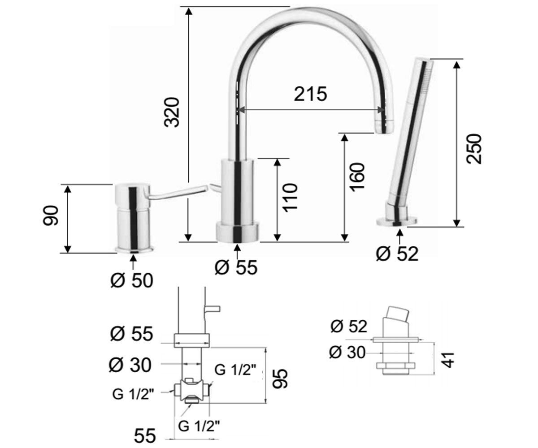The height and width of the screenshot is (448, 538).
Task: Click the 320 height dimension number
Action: [172, 112]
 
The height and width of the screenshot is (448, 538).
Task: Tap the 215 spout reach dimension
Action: [310, 94]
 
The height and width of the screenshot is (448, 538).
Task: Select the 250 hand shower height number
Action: [474, 149]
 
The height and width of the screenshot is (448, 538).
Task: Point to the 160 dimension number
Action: [357, 177]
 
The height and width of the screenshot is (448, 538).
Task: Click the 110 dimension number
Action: [290, 198]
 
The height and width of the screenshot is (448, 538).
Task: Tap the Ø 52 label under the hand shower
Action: [397, 254]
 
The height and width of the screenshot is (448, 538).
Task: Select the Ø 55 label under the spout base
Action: [236, 267]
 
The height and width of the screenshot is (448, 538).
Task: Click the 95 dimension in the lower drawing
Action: [280, 379]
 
